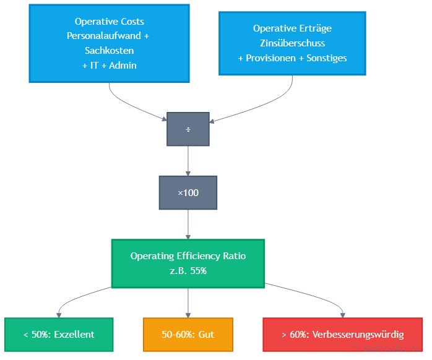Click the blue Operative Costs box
click(109, 43)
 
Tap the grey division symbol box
click(188, 129)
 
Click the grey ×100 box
click(188, 193)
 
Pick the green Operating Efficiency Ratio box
click(188, 264)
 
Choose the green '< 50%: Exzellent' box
click(59, 335)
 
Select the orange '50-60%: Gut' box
click(188, 335)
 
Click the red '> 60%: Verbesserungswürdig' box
click(342, 335)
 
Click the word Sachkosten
click(109, 51)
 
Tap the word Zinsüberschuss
click(292, 43)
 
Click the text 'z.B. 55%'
click(188, 271)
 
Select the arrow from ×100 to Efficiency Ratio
click(188, 224)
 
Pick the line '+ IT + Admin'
click(109, 66)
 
